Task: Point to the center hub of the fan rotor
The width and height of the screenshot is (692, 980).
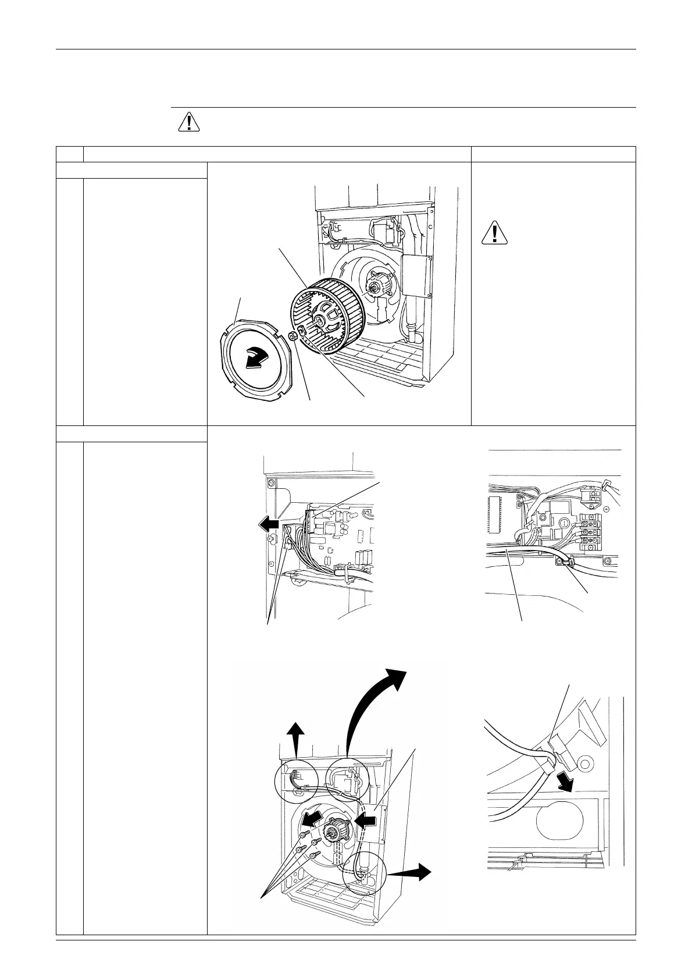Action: point(322,319)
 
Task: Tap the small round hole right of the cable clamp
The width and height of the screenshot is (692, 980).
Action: point(586,762)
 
